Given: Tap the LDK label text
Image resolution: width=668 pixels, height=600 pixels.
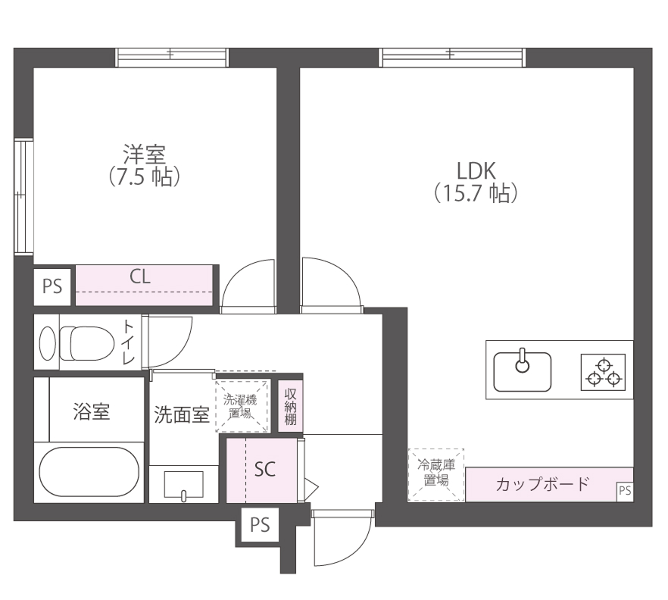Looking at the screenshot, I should (x=475, y=169).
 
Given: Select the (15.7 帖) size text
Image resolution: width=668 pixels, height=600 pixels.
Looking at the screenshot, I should (x=475, y=193).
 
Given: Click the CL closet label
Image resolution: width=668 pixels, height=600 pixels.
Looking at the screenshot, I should (x=140, y=277).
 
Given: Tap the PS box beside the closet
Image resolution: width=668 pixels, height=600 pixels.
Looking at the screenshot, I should (x=52, y=286).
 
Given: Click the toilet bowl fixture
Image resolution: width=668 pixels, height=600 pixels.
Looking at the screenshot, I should (x=76, y=343).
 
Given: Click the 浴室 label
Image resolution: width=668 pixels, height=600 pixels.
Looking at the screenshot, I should (x=91, y=412).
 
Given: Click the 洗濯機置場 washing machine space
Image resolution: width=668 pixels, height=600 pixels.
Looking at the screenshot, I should (x=242, y=406).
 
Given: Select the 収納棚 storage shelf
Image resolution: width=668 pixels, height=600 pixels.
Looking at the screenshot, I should (x=290, y=406).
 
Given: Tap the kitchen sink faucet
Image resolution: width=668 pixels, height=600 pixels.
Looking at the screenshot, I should (x=522, y=363).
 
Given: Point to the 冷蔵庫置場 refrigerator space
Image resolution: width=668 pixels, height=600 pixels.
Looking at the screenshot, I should (x=435, y=474).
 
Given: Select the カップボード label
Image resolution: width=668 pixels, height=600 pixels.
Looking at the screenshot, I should (x=542, y=484).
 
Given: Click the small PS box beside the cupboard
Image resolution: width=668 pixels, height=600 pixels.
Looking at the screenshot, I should (x=624, y=491).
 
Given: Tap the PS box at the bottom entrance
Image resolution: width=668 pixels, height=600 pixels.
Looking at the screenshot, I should (x=259, y=523).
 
